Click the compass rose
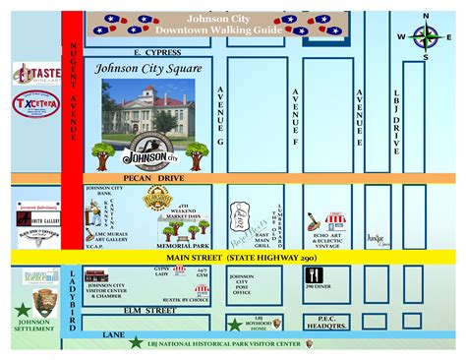pos(425,36)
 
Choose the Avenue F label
pos(296,115)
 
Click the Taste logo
pos(37,74)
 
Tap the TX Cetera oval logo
pos(34,103)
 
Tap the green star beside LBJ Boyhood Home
pos(234,324)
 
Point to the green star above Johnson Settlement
pos(22,309)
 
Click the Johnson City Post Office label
pos(241,284)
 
